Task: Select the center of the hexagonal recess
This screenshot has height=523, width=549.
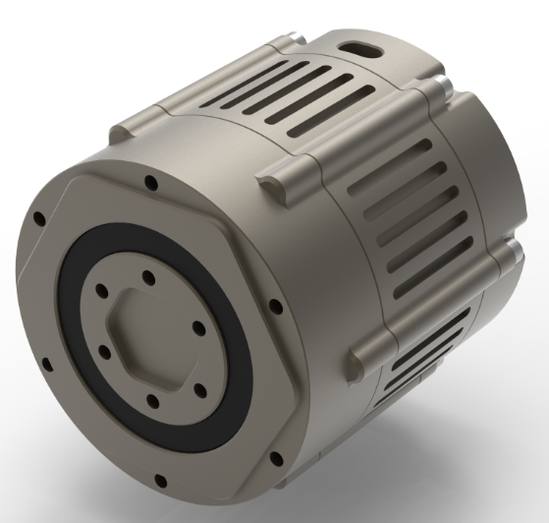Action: coord(150,335)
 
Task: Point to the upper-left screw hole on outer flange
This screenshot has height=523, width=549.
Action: coord(38,218)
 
